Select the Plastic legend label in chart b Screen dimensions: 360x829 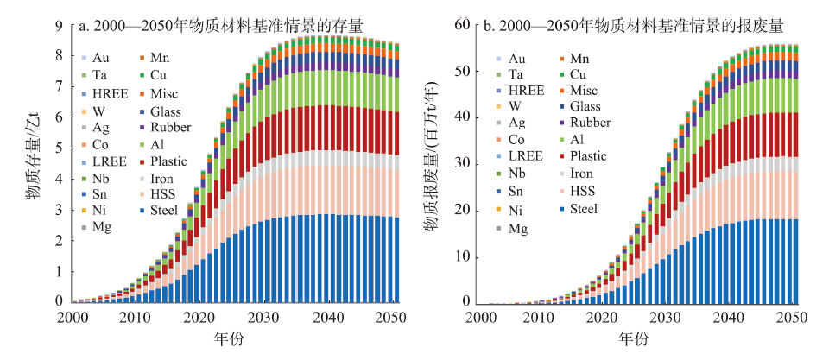tap(589, 156)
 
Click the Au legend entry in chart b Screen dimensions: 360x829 tap(517, 59)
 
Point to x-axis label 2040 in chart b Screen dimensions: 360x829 tap(728, 317)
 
